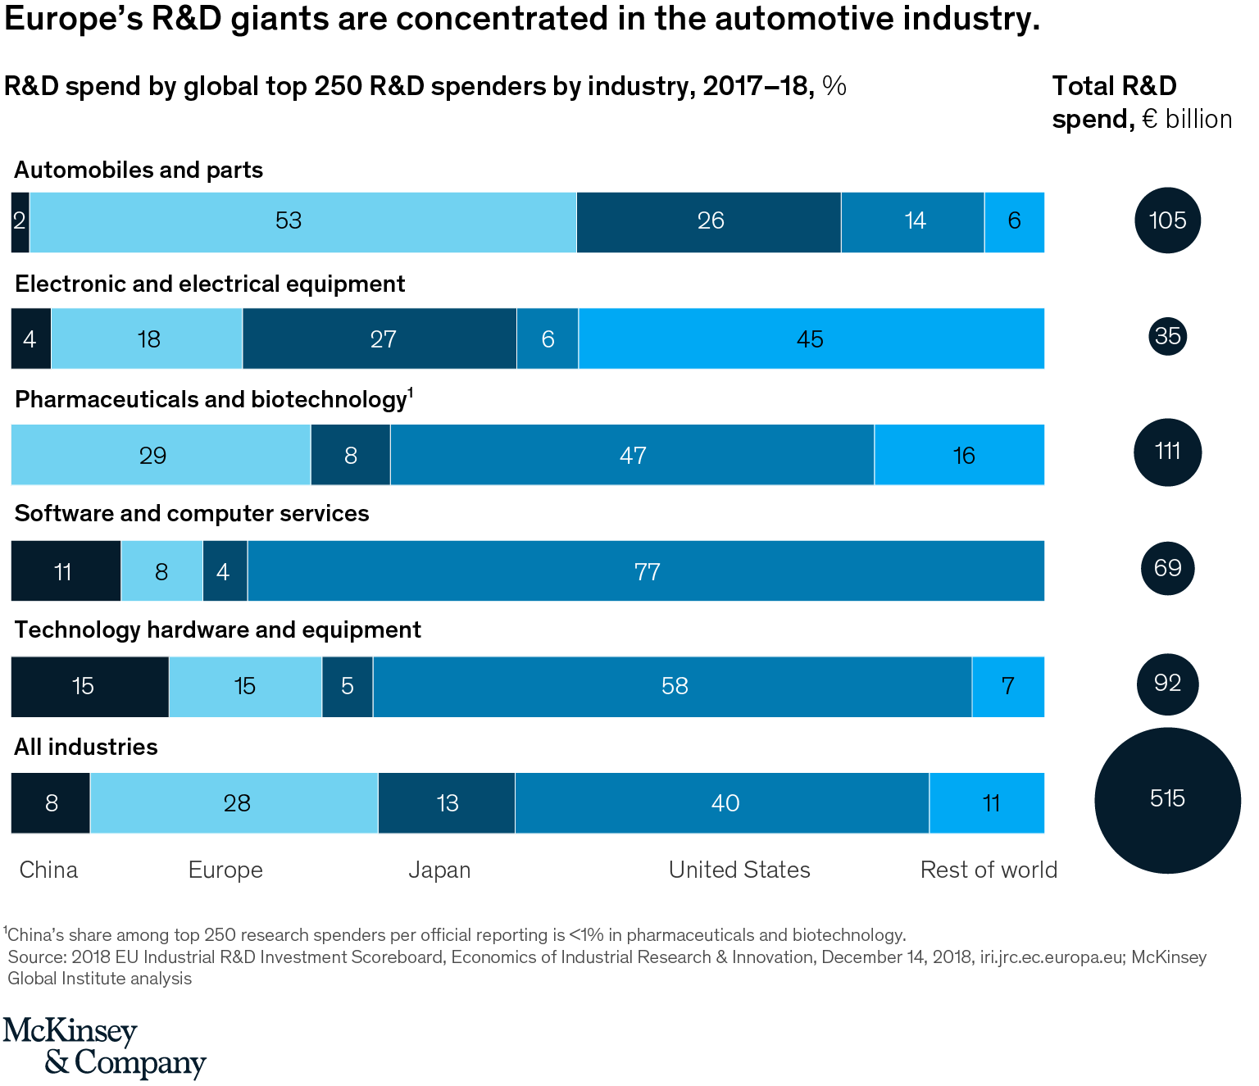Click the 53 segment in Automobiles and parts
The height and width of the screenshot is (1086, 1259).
302,221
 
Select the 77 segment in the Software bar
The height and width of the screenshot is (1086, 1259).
646,570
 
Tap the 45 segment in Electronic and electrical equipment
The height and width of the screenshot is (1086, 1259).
811,339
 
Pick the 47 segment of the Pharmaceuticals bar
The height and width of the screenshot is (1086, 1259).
632,455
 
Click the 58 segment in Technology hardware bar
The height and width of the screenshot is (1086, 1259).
672,686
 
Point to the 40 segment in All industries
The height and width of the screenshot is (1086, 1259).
722,802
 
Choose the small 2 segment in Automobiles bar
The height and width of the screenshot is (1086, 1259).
20,221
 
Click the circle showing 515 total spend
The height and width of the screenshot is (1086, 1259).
1167,800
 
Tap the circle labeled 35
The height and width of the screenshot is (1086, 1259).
1167,336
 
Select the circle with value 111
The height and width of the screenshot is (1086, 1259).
1167,452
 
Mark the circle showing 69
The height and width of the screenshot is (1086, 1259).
1167,568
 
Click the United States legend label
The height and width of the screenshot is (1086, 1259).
739,870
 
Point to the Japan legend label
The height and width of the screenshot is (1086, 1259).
439,870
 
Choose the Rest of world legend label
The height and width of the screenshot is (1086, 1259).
989,870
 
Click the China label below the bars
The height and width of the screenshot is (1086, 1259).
48,870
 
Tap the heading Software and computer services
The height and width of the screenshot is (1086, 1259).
192,513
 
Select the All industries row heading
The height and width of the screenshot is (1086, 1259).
86,747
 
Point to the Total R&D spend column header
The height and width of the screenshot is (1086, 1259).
1141,102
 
